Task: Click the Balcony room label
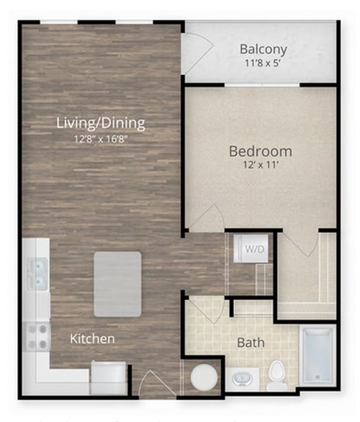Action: point(263,49)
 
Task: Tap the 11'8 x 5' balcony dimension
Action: point(263,63)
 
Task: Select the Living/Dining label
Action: point(101,124)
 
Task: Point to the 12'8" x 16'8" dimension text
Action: point(101,139)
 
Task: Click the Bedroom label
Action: point(260,151)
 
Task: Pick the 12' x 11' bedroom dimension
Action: point(260,165)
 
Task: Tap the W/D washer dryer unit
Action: point(251,249)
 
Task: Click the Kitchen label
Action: point(93,339)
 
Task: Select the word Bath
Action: point(251,343)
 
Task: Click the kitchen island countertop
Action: point(118,285)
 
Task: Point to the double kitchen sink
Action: point(38,273)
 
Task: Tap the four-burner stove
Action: point(37,337)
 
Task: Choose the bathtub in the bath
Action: point(317,355)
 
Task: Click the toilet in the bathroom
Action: point(277,376)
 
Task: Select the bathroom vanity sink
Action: point(242,379)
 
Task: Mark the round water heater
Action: point(204,377)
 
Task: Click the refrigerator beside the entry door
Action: point(109,377)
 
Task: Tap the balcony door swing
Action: point(197,53)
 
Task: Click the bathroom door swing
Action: point(206,310)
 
